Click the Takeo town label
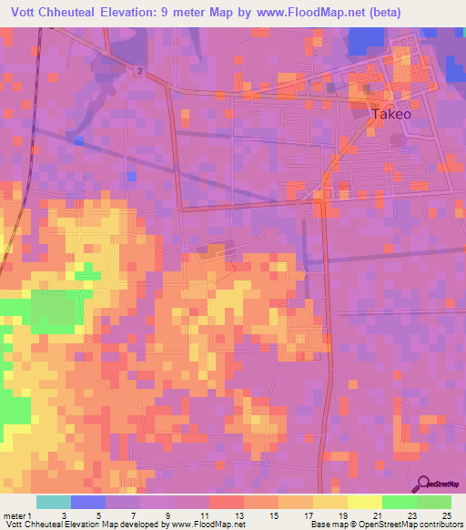tap(391, 115)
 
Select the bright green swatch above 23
tap(400, 502)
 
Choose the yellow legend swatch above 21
tap(365, 502)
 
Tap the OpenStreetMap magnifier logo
tap(424, 484)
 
